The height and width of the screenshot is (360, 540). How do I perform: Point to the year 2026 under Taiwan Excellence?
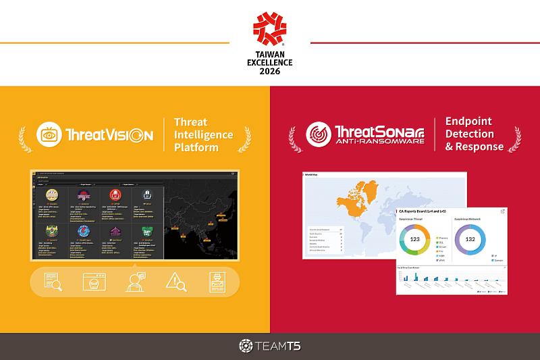(269, 71)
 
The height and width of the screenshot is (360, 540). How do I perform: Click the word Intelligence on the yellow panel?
(203, 134)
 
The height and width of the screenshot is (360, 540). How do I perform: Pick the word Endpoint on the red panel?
(468, 122)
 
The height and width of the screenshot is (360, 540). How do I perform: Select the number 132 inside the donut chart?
(471, 240)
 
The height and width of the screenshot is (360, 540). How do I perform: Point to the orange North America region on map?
(358, 196)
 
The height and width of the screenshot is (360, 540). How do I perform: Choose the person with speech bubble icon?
(134, 282)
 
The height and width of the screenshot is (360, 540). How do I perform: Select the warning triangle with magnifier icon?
(177, 282)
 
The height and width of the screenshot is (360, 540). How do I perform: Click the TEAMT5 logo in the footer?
(269, 346)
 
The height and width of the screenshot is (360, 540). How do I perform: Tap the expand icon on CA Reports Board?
(502, 211)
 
